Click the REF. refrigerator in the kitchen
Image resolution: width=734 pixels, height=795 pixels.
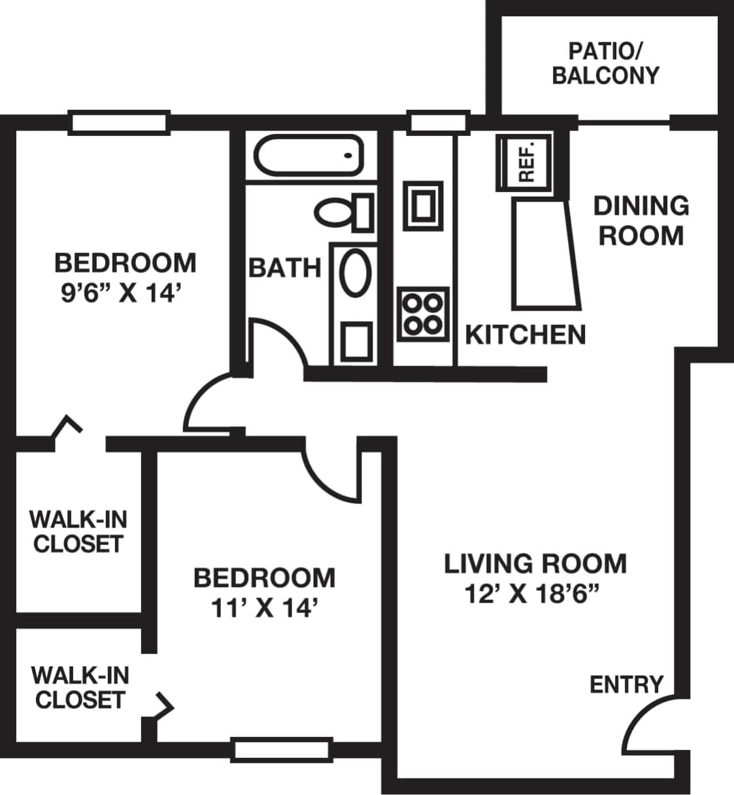524,162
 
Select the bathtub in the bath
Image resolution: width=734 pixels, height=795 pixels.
308,155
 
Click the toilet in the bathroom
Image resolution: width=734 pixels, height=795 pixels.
344,212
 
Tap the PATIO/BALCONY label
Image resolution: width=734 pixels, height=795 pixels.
605,63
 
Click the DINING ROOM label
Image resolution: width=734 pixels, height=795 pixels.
641,220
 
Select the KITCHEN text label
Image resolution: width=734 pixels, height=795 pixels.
525,335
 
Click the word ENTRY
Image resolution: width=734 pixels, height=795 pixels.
626,685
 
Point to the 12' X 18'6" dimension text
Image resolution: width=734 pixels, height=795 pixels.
531,594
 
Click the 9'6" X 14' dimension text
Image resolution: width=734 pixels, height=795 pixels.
120,294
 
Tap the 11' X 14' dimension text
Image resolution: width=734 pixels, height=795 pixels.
264,609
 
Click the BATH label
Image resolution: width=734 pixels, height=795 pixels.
285,267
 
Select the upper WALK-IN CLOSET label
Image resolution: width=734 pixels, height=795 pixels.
78,532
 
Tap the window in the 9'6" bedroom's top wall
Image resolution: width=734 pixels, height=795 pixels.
118,123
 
